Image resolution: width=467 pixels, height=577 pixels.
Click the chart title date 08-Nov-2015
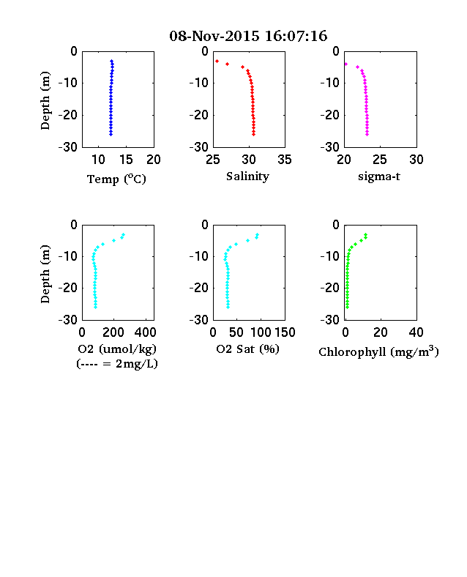(x=214, y=36)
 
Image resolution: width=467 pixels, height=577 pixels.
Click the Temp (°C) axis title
(x=116, y=179)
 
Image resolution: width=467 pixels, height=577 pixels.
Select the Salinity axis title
(x=247, y=176)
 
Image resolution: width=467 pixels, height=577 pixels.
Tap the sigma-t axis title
(x=379, y=176)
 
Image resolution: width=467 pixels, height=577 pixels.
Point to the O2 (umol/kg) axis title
(x=117, y=349)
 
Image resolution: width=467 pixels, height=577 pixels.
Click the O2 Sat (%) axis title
(x=247, y=349)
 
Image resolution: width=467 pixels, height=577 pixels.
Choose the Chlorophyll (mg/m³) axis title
(x=378, y=351)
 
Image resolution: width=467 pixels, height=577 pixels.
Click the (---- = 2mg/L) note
(x=117, y=364)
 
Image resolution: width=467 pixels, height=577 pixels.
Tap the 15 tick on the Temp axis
(x=126, y=160)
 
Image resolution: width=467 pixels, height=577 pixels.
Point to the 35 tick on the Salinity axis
(x=285, y=160)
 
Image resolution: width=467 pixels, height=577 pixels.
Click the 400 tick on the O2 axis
(x=145, y=332)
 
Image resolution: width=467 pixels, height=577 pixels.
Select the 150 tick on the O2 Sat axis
(x=285, y=332)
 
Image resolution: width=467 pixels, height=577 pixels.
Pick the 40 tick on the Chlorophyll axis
(x=416, y=332)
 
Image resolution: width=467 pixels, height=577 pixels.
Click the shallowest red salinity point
(x=217, y=61)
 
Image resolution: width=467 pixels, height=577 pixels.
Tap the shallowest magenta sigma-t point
(x=345, y=64)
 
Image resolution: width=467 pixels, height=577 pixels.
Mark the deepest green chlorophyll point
(x=347, y=307)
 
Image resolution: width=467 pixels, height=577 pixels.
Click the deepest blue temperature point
(x=111, y=134)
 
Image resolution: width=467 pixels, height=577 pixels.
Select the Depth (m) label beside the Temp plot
(x=45, y=100)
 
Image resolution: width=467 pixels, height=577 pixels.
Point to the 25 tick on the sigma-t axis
(x=379, y=160)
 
